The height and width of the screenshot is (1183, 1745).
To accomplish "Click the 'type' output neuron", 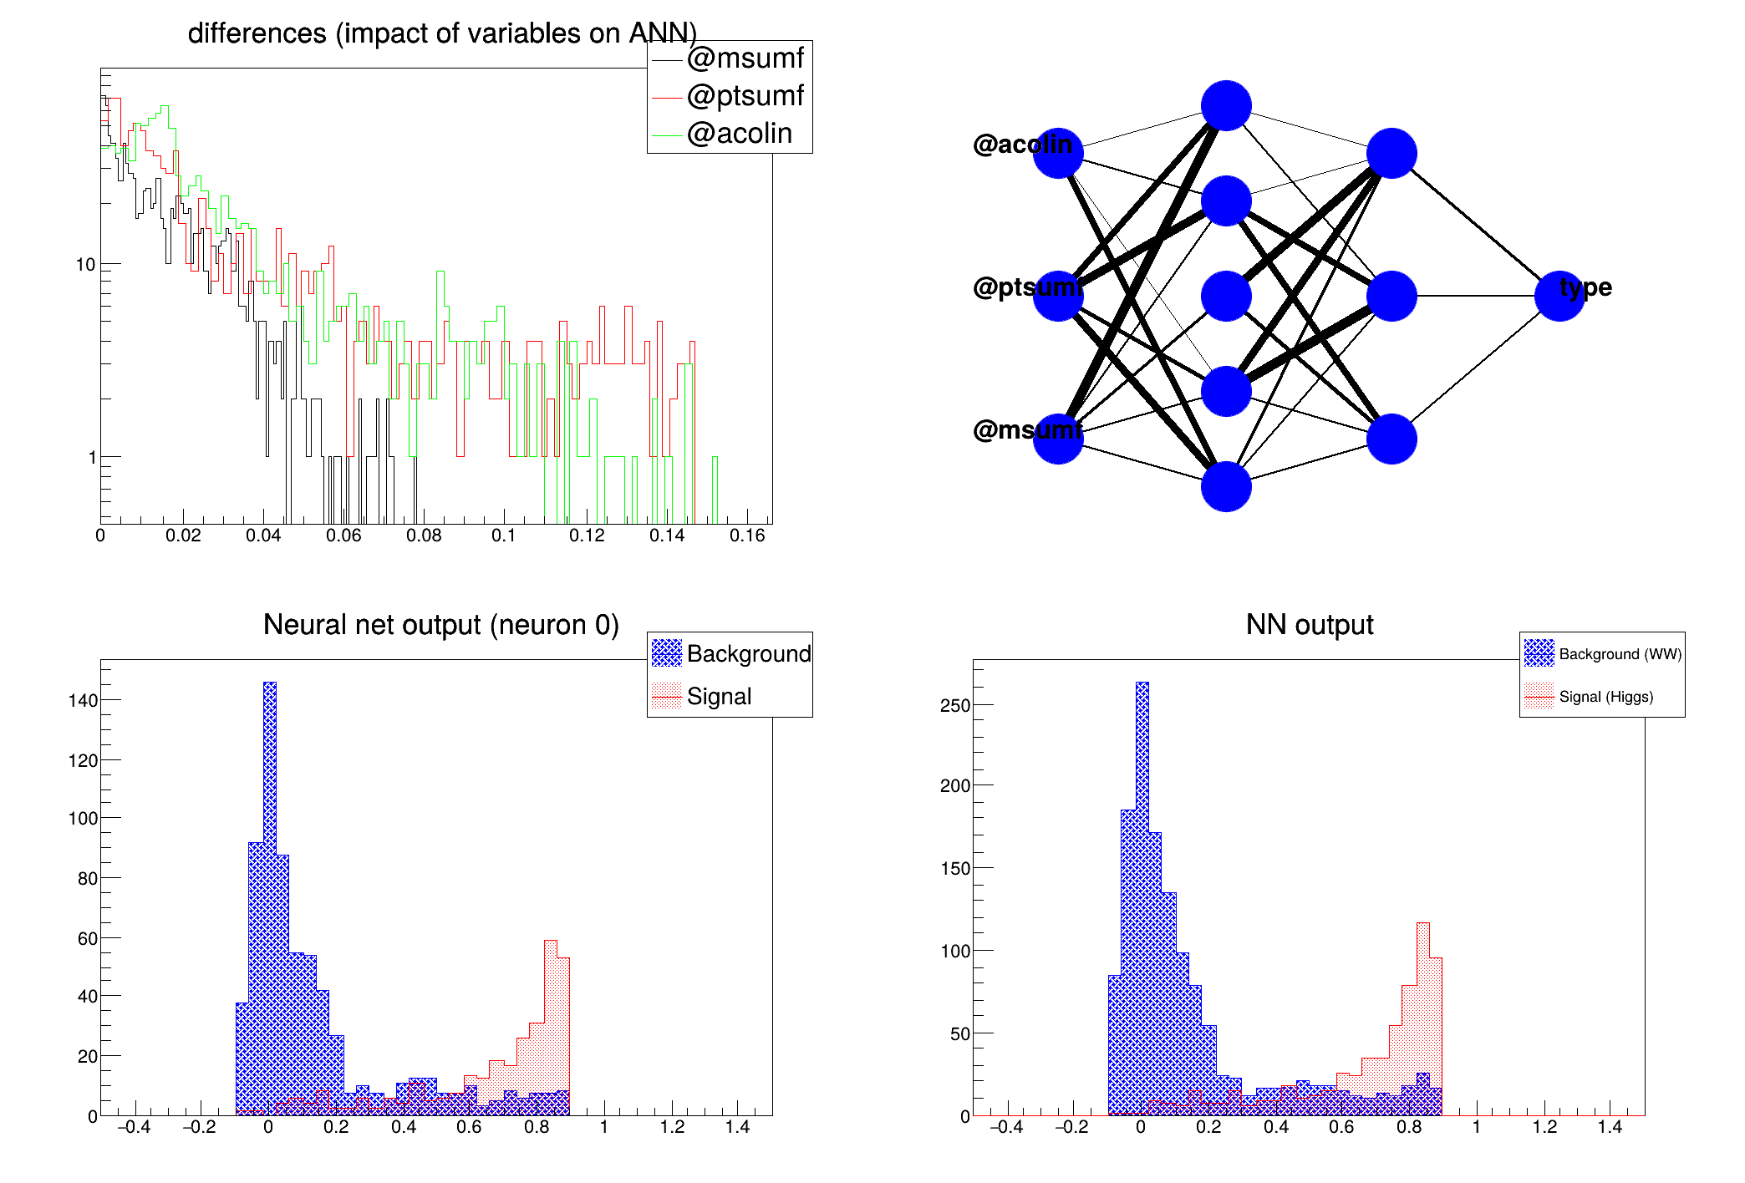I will click(x=1559, y=296).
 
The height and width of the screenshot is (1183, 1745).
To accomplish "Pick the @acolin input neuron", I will click(x=1058, y=154).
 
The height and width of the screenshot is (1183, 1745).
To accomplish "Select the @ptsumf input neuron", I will click(x=1058, y=296).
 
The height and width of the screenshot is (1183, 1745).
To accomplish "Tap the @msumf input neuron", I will click(x=1058, y=439).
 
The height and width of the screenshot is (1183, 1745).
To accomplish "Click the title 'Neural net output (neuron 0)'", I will click(x=440, y=625).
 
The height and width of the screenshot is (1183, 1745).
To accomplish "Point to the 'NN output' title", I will click(x=1309, y=625).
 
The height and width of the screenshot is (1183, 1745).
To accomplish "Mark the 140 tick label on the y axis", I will click(x=83, y=700).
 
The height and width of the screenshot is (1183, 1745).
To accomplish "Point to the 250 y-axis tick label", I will click(x=955, y=705).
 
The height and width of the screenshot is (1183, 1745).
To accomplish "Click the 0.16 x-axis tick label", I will click(x=747, y=536).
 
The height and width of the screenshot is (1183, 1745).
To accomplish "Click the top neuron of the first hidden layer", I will click(x=1226, y=106).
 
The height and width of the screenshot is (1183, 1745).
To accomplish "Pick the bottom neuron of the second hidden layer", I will click(x=1391, y=439).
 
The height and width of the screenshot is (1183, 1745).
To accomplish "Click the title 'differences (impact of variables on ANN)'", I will click(x=442, y=33).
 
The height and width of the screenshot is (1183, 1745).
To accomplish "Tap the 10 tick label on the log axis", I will click(x=85, y=265).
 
